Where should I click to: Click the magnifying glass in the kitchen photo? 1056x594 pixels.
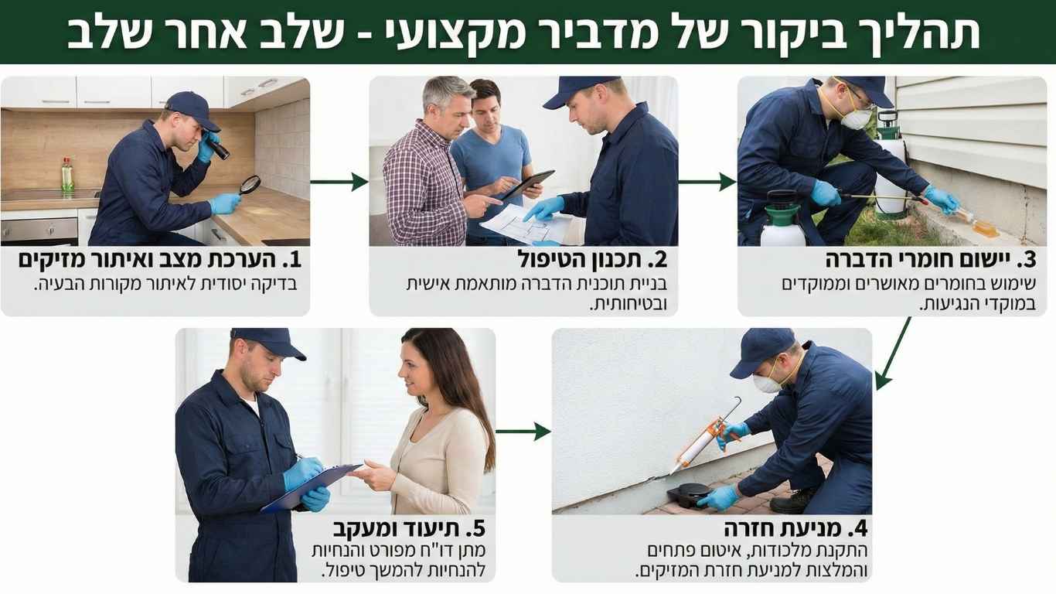point(250,184)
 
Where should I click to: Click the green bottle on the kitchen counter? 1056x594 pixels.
point(67,176)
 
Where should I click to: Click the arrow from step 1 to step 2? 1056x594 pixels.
point(339,182)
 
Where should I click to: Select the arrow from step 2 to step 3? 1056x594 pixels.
point(707,182)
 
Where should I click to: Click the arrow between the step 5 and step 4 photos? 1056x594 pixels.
point(523,432)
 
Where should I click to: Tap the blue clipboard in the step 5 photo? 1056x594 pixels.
point(309,487)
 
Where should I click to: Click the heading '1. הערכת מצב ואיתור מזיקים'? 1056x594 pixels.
point(158,259)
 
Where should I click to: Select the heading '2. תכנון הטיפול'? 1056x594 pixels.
point(591,259)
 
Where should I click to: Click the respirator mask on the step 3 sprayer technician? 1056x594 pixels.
point(855,118)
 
